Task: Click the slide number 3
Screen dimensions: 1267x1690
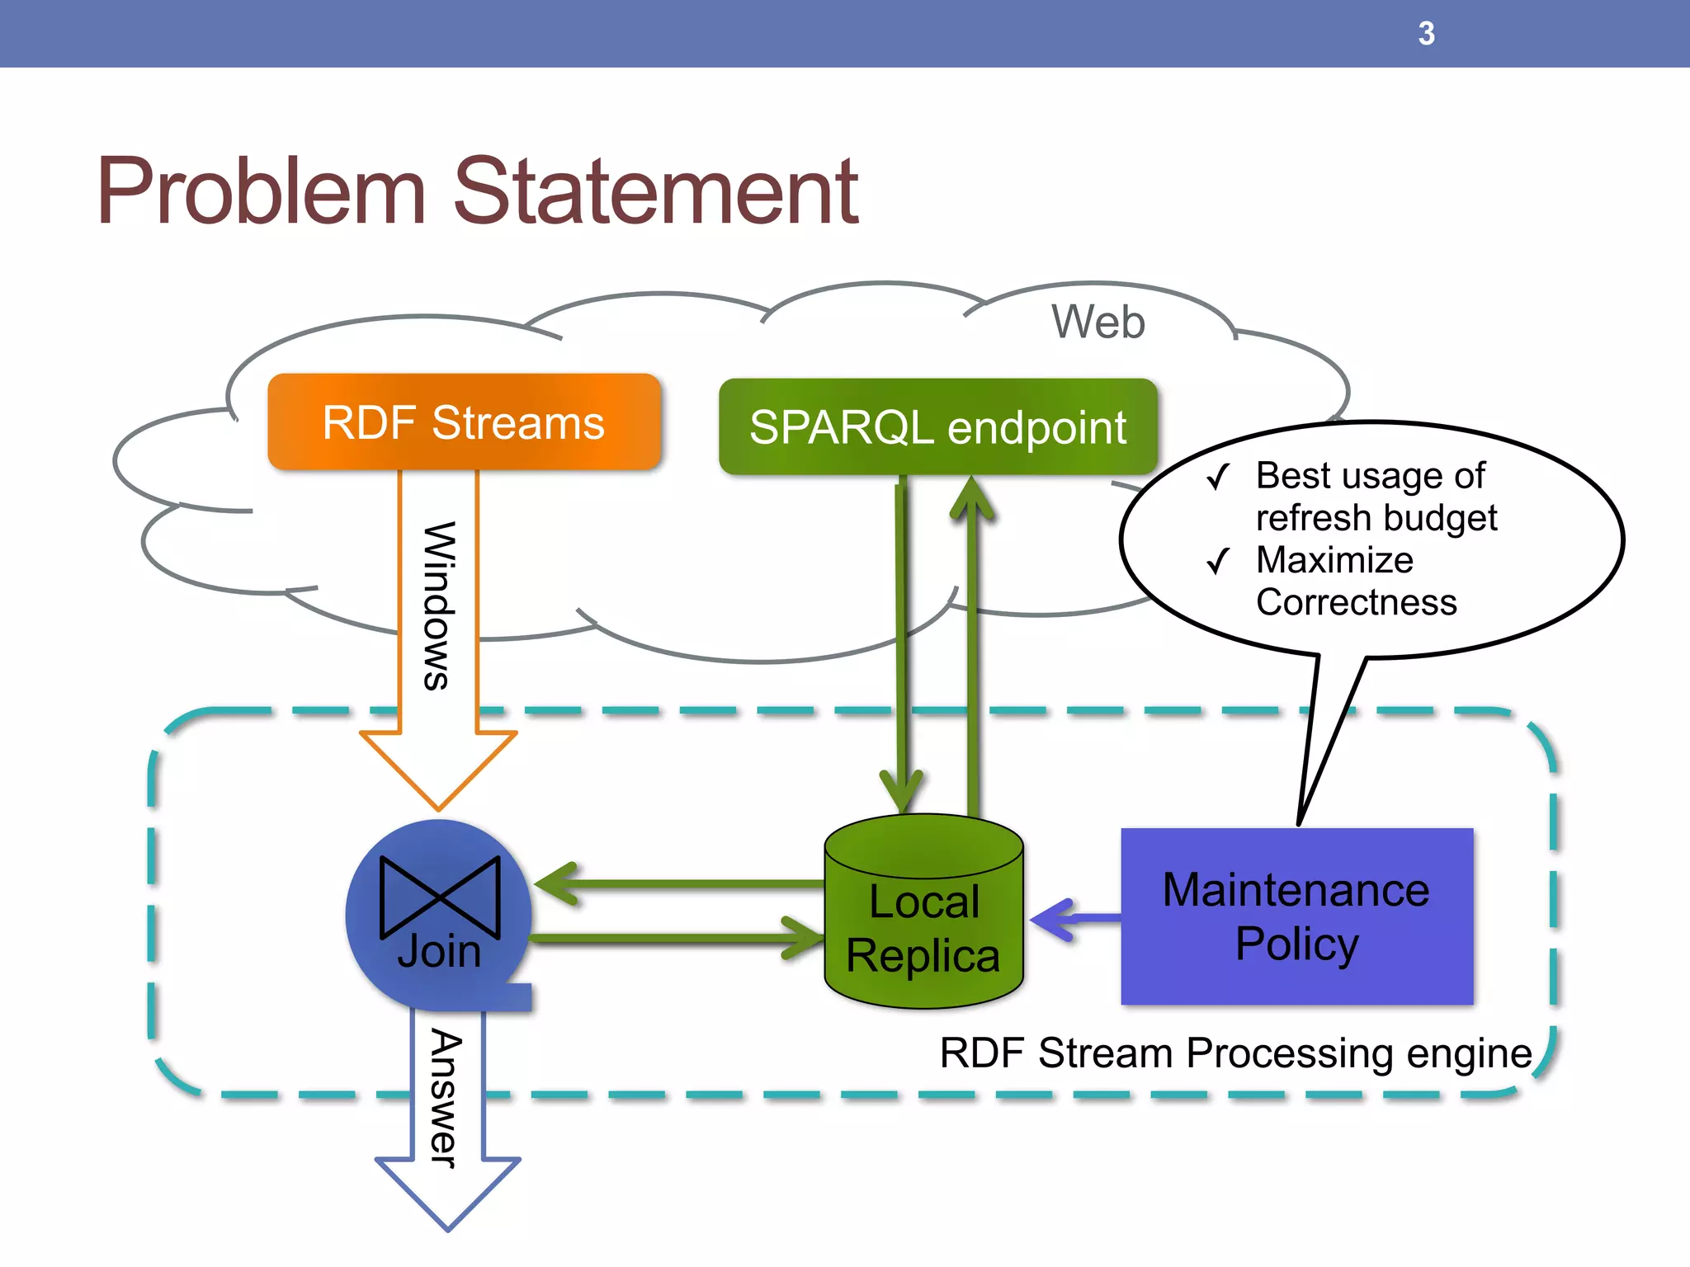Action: point(1426,34)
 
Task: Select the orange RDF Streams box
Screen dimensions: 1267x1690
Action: point(464,422)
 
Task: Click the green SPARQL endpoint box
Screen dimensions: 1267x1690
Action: point(937,427)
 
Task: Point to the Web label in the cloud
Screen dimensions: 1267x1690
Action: point(1098,322)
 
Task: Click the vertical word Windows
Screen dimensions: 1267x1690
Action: point(438,605)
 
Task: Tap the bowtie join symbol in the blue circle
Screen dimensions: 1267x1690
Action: point(440,897)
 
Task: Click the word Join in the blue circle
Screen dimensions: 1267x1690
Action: point(439,951)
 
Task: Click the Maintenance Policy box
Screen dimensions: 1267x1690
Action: point(1296,916)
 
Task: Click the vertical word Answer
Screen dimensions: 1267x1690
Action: point(446,1098)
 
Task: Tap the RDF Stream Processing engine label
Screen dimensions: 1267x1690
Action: point(1235,1053)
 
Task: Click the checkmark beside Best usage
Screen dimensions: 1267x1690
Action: point(1218,477)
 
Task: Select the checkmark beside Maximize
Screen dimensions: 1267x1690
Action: point(1218,562)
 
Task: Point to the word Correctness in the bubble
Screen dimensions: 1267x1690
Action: point(1356,602)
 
